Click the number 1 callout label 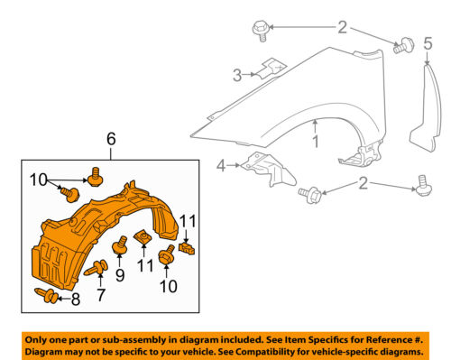click(x=317, y=142)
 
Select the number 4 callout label click(x=219, y=165)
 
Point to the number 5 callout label click(x=428, y=41)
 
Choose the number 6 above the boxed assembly click(x=111, y=139)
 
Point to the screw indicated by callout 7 click(x=95, y=267)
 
